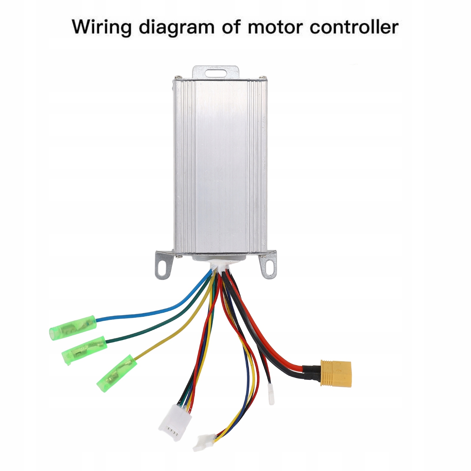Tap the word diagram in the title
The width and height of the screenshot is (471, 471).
(x=177, y=27)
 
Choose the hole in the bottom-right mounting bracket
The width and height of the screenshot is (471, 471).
(x=269, y=266)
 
